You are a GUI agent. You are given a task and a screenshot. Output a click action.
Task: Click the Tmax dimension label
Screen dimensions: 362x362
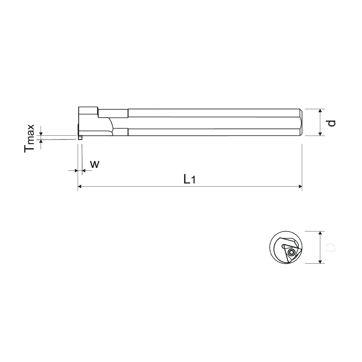tap(29, 138)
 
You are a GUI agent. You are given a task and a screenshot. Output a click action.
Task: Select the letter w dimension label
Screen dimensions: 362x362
tap(95, 164)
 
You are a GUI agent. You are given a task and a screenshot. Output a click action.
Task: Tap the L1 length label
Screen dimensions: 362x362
tap(189, 180)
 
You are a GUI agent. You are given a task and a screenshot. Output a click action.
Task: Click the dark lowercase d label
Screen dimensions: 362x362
tap(331, 123)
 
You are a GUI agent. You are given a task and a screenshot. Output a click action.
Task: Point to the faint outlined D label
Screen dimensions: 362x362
tap(331, 247)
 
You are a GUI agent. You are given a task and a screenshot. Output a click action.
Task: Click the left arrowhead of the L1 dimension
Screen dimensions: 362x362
tap(80, 186)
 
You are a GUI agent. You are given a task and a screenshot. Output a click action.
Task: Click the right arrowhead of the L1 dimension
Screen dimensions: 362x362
tap(300, 186)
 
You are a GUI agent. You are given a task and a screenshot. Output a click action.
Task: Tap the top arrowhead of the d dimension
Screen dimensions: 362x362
tap(320, 111)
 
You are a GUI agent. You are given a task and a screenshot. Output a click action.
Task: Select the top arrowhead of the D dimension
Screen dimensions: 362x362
tap(320, 233)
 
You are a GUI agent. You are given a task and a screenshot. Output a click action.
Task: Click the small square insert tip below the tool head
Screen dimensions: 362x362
tap(80, 138)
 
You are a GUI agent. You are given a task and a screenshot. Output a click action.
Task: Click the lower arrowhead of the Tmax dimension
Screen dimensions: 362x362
tap(41, 141)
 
